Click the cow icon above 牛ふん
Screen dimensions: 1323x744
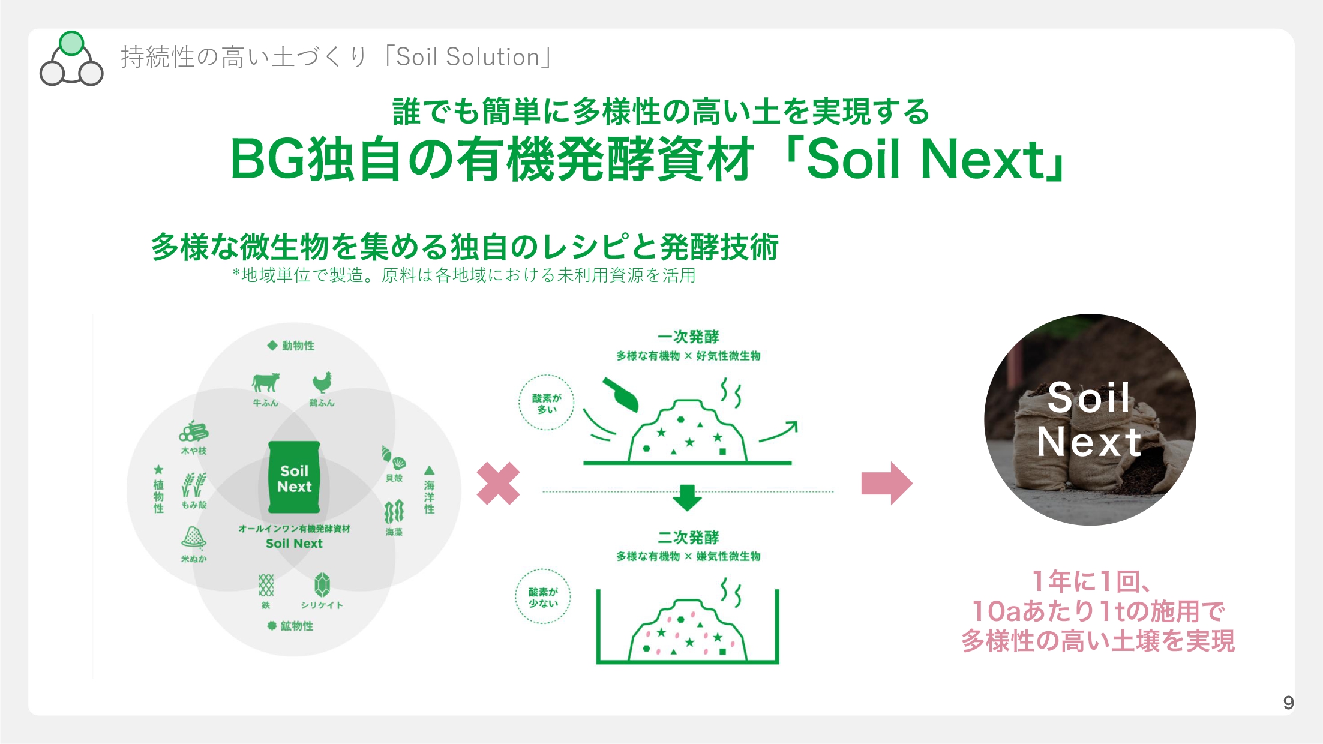[x=266, y=382]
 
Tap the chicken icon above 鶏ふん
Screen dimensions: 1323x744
[x=322, y=382]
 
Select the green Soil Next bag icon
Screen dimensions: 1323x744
[x=294, y=478]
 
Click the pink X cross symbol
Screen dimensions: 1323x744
[x=498, y=483]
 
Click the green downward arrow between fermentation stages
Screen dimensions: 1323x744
[x=688, y=497]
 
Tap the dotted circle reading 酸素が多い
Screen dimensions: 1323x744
[x=546, y=403]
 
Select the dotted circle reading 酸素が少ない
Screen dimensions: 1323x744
[x=543, y=596]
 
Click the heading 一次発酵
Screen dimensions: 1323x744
[x=688, y=337]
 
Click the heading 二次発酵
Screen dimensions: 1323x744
[x=688, y=537]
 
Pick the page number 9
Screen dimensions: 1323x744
[x=1288, y=703]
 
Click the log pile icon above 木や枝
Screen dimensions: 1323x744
[x=193, y=431]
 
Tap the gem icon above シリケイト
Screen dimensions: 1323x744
[x=322, y=585]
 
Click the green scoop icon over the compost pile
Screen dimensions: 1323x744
[x=620, y=394]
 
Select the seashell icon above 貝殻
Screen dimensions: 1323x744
[x=394, y=458]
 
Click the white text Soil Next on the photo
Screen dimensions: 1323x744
[x=1089, y=419]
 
